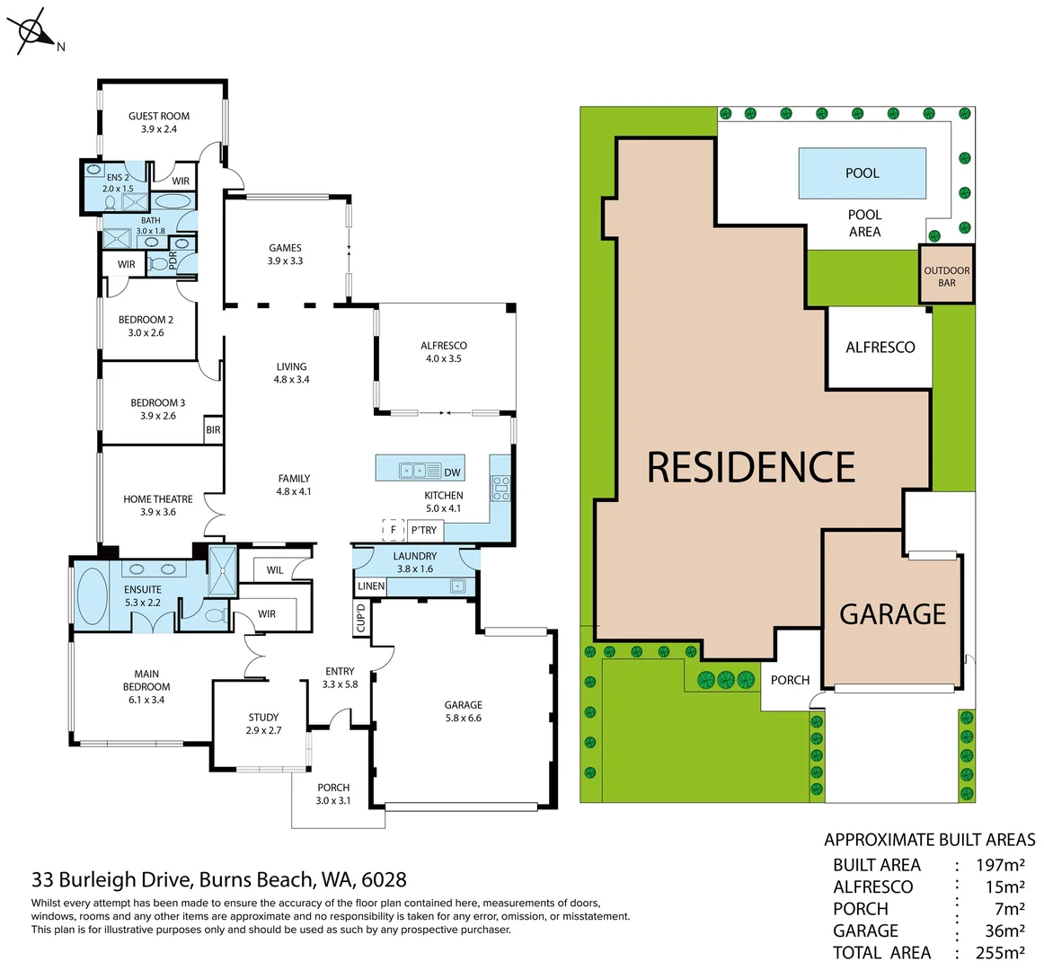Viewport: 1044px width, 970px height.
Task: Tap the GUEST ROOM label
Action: pyautogui.click(x=159, y=116)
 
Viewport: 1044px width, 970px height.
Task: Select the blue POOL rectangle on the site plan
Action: pyautogui.click(x=862, y=172)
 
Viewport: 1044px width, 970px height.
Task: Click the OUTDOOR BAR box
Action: pyautogui.click(x=946, y=276)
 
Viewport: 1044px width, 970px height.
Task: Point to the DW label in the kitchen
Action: pyautogui.click(x=452, y=472)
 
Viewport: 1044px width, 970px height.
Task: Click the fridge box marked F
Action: pyautogui.click(x=394, y=530)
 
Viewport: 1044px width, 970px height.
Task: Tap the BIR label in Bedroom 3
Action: pyautogui.click(x=213, y=430)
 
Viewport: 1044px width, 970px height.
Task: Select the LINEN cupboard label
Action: pyautogui.click(x=371, y=586)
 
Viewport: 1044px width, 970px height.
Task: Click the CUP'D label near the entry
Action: pyautogui.click(x=361, y=619)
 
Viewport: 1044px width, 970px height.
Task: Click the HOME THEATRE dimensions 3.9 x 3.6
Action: pyautogui.click(x=158, y=512)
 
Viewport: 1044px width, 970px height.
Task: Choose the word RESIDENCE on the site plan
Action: pyautogui.click(x=751, y=467)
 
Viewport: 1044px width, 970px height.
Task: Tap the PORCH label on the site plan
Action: pyautogui.click(x=790, y=680)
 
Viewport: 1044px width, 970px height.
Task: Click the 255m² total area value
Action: pyautogui.click(x=1000, y=952)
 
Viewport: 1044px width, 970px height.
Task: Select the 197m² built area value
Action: pyautogui.click(x=1000, y=865)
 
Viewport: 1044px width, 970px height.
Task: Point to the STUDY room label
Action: pyautogui.click(x=263, y=717)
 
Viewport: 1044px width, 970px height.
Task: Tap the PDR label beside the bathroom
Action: pyautogui.click(x=173, y=260)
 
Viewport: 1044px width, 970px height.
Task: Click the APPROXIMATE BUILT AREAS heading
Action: pyautogui.click(x=929, y=840)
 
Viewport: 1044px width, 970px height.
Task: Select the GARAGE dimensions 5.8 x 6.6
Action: pyautogui.click(x=464, y=718)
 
